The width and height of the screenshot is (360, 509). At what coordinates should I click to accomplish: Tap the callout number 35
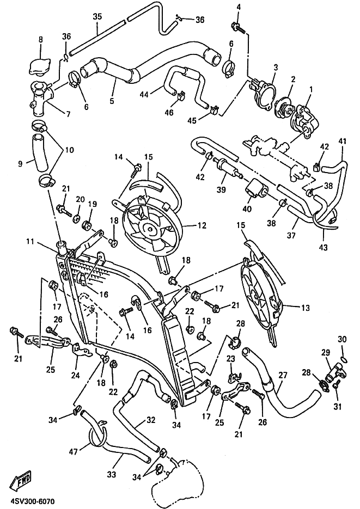(97, 17)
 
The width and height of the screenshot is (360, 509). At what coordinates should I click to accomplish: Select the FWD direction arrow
(20, 481)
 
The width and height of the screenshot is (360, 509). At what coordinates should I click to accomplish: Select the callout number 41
(342, 142)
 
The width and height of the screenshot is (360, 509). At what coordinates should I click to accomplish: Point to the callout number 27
(283, 375)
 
